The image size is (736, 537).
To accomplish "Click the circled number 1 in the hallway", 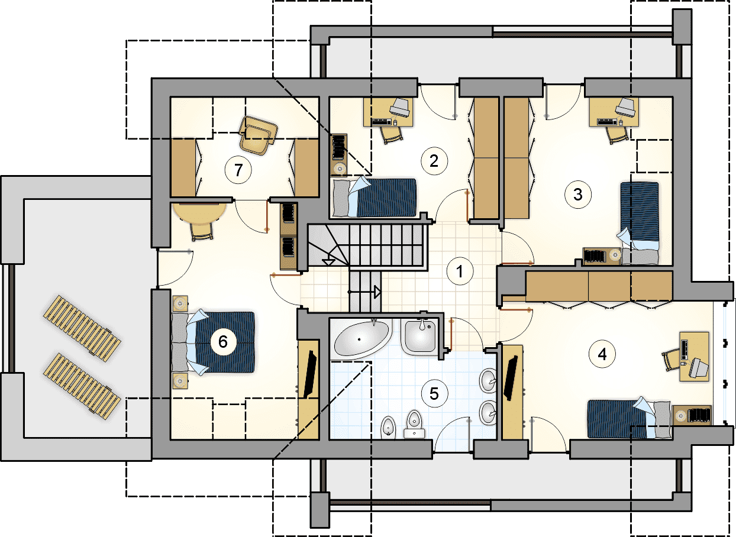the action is click(x=460, y=271).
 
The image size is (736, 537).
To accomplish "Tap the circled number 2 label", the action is click(x=434, y=161).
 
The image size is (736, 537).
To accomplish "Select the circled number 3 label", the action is click(x=578, y=195).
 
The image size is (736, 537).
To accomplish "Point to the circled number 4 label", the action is click(x=602, y=354).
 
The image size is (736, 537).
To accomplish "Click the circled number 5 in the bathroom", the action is click(x=434, y=394).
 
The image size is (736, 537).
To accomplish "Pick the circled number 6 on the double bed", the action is click(x=223, y=342).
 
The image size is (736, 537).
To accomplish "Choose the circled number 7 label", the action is click(x=238, y=170).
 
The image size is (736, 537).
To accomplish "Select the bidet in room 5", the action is click(x=388, y=428).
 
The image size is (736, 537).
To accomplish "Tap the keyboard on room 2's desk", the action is click(x=382, y=122).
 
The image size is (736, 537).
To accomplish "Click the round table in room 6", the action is click(x=200, y=213).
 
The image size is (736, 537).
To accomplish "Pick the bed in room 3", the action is click(x=640, y=224).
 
